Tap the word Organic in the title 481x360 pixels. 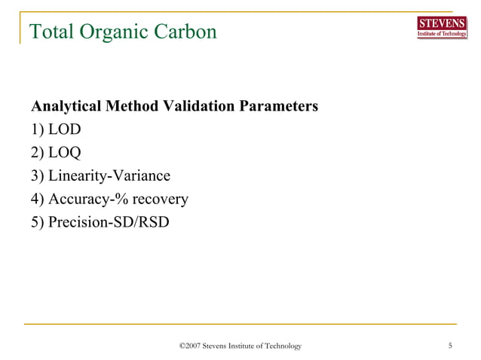[118, 32]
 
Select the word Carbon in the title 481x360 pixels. [187, 32]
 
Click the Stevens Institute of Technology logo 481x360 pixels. [442, 27]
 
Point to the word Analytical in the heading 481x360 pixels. [63, 106]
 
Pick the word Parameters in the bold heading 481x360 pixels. [277, 106]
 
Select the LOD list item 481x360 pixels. [64, 130]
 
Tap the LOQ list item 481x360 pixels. [64, 153]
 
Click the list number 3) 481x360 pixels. [37, 176]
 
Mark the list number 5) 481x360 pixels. [37, 223]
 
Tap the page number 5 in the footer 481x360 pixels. [450, 346]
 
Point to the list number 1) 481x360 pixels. [37, 130]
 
